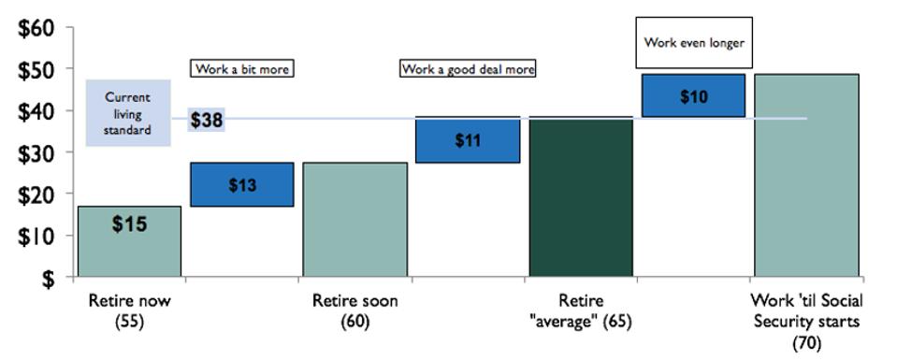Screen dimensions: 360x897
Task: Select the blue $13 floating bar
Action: coord(242,184)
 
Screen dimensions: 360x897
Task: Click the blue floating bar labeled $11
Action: coord(468,140)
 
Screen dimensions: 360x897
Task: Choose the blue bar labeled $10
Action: coord(693,95)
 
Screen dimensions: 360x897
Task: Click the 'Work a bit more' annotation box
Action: coord(242,69)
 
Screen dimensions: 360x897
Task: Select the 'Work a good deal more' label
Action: coord(468,69)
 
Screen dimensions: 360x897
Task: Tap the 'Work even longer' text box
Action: coord(693,42)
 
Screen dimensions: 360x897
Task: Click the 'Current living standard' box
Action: coord(128,113)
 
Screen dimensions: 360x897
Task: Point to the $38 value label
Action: coord(207,120)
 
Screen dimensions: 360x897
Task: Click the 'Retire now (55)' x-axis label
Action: coord(129,310)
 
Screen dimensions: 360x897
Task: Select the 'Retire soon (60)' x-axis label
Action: coord(354,310)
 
